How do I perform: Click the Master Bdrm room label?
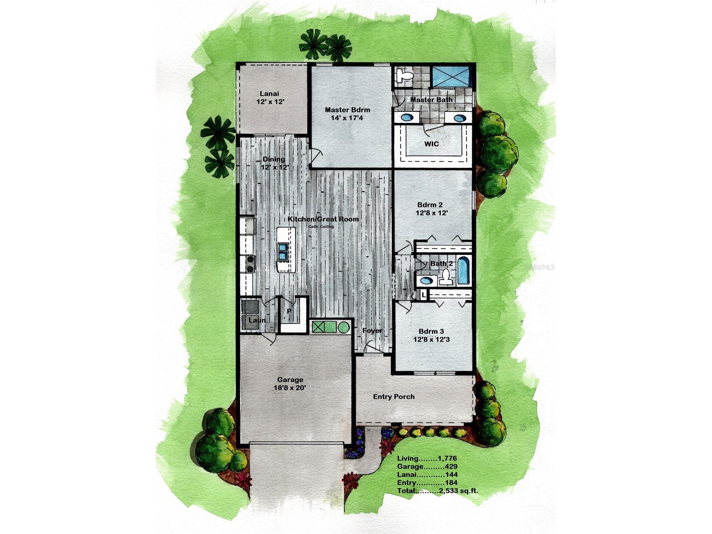[347, 110]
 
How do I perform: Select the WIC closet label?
[431, 144]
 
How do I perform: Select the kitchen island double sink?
[283, 251]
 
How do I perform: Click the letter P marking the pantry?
[289, 311]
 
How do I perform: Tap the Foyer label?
[372, 331]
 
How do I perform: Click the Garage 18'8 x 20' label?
[290, 384]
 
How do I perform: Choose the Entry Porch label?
[394, 397]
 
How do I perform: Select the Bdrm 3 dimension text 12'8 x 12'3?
[431, 340]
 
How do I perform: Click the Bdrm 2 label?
[430, 205]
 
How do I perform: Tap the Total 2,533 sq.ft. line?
[437, 491]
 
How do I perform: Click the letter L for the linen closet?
[423, 295]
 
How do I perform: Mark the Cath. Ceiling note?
[321, 227]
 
